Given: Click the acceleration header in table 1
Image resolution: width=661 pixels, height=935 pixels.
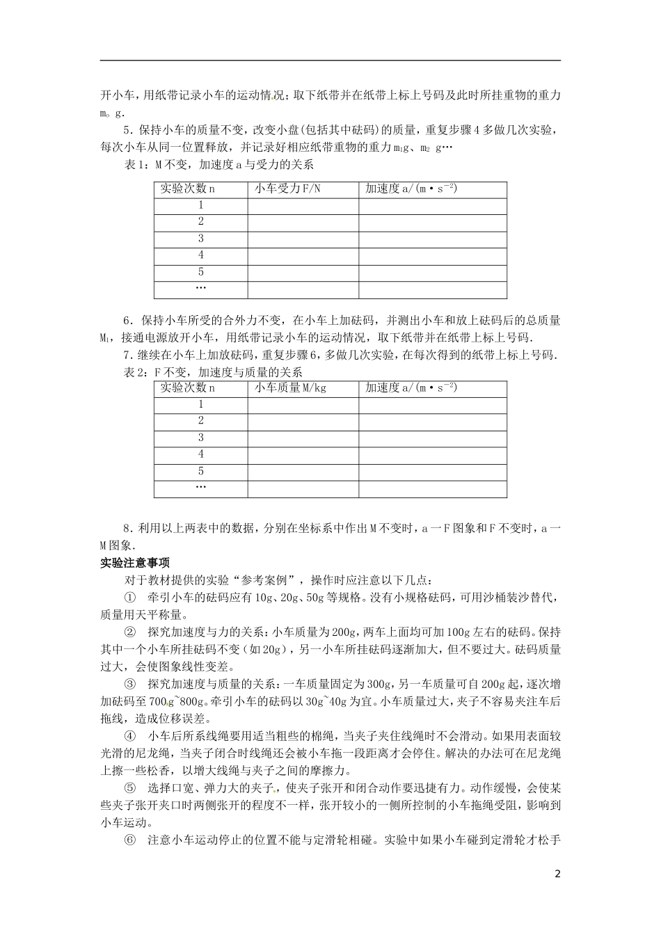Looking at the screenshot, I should (411, 189).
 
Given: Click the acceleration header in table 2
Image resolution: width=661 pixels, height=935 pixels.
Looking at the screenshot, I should (411, 388).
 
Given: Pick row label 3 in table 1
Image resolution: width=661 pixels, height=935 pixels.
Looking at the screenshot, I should (201, 239).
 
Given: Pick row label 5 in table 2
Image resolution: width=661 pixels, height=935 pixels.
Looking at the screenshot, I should (201, 471).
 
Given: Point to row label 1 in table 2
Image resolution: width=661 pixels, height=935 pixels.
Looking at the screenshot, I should (201, 404).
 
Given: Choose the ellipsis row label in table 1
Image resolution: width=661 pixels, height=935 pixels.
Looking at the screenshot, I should (201, 288).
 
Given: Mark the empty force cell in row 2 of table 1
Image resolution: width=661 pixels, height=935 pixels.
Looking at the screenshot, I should (303, 222).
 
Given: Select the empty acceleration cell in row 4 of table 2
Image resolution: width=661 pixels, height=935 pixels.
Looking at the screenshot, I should (433, 454).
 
